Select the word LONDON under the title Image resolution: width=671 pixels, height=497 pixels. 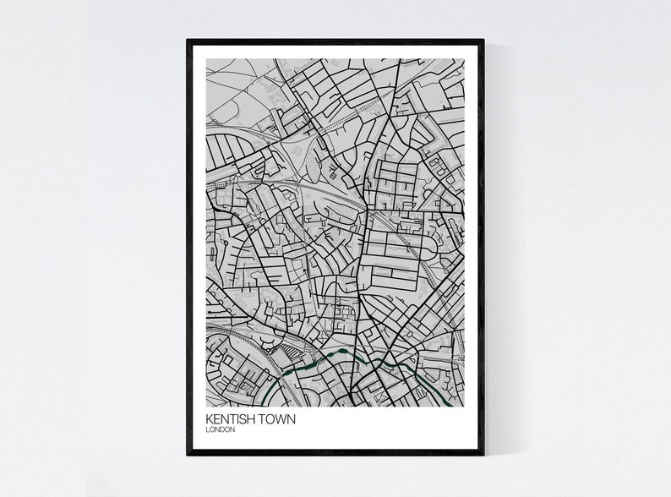[x=219, y=430]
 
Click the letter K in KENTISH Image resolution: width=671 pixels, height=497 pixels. [x=209, y=419]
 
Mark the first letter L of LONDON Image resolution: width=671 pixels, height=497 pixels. [x=206, y=430]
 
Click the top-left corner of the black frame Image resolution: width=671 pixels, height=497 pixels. [x=188, y=39]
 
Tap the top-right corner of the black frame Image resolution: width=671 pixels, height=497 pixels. [x=483, y=39]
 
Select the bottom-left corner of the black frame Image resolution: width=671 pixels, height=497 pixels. [x=188, y=454]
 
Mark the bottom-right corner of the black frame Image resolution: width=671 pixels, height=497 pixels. [x=483, y=454]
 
